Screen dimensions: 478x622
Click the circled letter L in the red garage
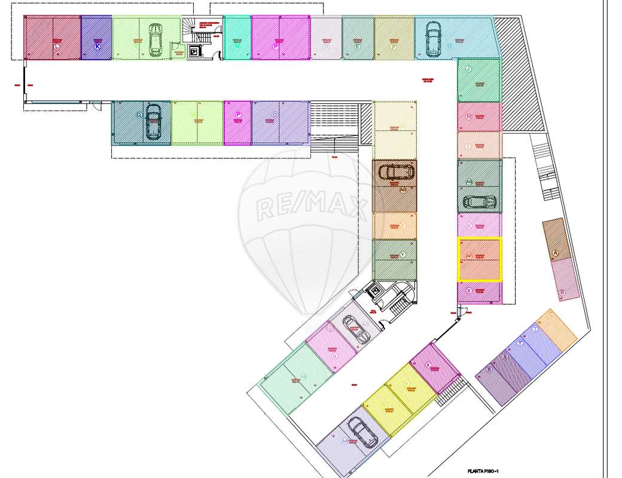click(x=57, y=46)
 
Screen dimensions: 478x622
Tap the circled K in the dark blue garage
click(x=97, y=46)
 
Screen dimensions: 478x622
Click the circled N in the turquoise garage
click(x=237, y=46)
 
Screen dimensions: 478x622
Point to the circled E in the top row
click(x=357, y=47)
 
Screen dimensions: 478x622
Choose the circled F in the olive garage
click(x=394, y=47)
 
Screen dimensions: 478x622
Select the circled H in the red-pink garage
click(x=469, y=116)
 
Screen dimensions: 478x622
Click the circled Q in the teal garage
click(x=139, y=114)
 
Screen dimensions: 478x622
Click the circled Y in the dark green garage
click(x=403, y=255)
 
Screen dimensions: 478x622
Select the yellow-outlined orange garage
click(x=479, y=259)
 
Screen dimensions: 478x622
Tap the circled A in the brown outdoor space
click(x=555, y=253)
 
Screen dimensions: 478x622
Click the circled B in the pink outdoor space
click(x=562, y=293)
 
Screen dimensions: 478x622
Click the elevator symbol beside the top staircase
click(x=194, y=51)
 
